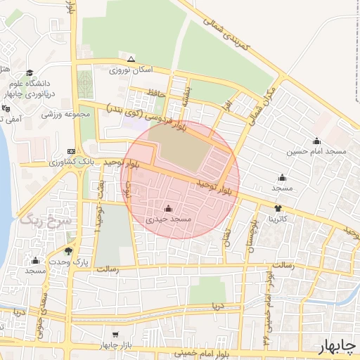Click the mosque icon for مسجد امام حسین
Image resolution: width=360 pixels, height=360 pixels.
(x=316, y=141)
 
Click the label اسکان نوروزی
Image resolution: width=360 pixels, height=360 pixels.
(x=132, y=70)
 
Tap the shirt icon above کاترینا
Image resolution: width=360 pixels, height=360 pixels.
(x=278, y=208)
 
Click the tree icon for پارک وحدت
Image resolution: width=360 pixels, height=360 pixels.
(x=68, y=250)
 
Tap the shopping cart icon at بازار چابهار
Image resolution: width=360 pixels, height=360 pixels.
(x=115, y=334)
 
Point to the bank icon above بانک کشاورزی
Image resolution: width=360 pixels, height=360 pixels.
(x=71, y=151)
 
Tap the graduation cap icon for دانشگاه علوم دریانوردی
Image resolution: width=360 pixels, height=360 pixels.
(x=30, y=72)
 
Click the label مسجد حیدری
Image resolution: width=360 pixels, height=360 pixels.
(x=169, y=220)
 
